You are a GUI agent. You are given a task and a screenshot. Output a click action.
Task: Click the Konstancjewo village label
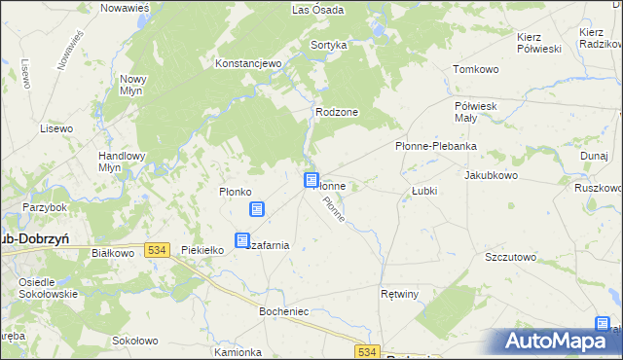point(248,63)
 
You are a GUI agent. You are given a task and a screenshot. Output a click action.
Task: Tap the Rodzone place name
point(337,112)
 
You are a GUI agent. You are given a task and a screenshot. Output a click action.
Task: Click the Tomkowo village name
point(476,70)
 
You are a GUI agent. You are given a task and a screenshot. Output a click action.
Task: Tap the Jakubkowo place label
point(491,176)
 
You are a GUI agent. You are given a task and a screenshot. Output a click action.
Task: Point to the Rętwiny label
point(399,292)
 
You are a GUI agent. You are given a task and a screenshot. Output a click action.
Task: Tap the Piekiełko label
point(203,250)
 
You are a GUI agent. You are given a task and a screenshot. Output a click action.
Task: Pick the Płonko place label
point(236,192)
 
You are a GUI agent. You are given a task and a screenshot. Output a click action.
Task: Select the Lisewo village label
point(56,128)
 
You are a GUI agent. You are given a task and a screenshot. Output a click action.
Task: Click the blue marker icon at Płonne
point(311,180)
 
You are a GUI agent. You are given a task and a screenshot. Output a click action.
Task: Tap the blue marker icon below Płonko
point(257,209)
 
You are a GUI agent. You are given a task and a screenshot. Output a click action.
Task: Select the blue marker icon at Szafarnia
point(242,240)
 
